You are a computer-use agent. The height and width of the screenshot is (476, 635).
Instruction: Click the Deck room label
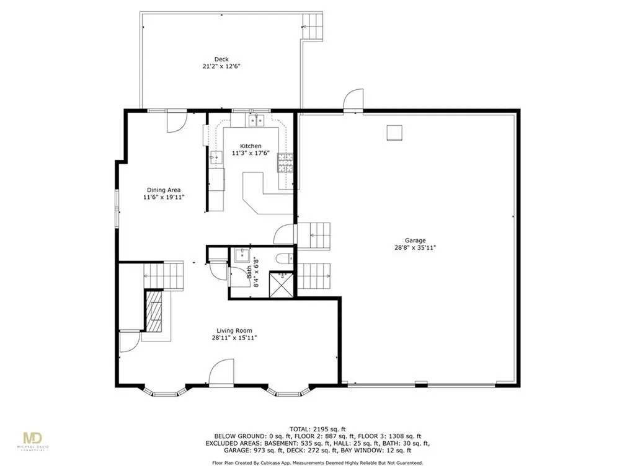[x=221, y=59]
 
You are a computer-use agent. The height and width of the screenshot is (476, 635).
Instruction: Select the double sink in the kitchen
[x=257, y=120]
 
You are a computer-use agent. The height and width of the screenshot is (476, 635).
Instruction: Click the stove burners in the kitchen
[x=285, y=161]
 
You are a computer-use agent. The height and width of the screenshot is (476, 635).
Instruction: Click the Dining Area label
[x=164, y=190]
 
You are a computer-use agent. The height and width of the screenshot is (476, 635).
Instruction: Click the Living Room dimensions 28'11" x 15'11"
[x=234, y=338]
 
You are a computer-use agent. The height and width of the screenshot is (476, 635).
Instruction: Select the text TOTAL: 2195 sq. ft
[x=317, y=429]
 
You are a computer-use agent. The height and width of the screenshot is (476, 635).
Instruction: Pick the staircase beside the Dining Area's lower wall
[x=164, y=275]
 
